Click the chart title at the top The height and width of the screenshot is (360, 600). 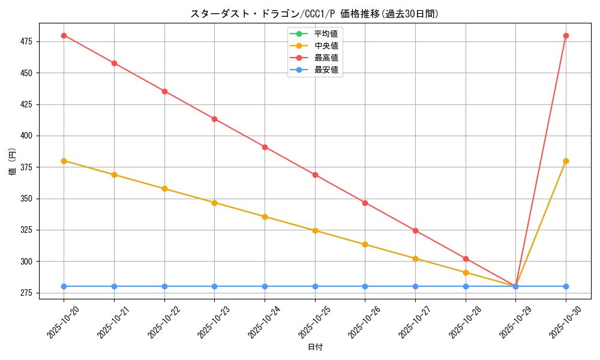point(314,14)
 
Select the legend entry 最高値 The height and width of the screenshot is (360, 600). point(326,58)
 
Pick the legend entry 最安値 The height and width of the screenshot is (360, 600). point(326,70)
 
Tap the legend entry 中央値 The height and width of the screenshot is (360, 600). point(326,46)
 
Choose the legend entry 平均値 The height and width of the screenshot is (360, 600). point(326,34)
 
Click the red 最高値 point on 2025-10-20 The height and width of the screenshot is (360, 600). point(64,35)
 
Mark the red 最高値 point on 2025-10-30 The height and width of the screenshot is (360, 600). point(566,35)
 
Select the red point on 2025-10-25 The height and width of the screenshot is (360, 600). point(315,175)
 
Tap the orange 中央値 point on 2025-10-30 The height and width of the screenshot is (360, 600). point(566,161)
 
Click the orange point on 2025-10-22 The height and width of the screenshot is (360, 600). point(164,188)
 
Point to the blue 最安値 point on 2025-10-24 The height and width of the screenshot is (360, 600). point(265,286)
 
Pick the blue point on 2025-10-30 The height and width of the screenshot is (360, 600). point(566,286)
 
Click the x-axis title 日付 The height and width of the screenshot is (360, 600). point(315,347)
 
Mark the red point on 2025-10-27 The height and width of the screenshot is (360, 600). point(415,230)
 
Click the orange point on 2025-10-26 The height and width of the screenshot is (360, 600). point(365,244)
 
